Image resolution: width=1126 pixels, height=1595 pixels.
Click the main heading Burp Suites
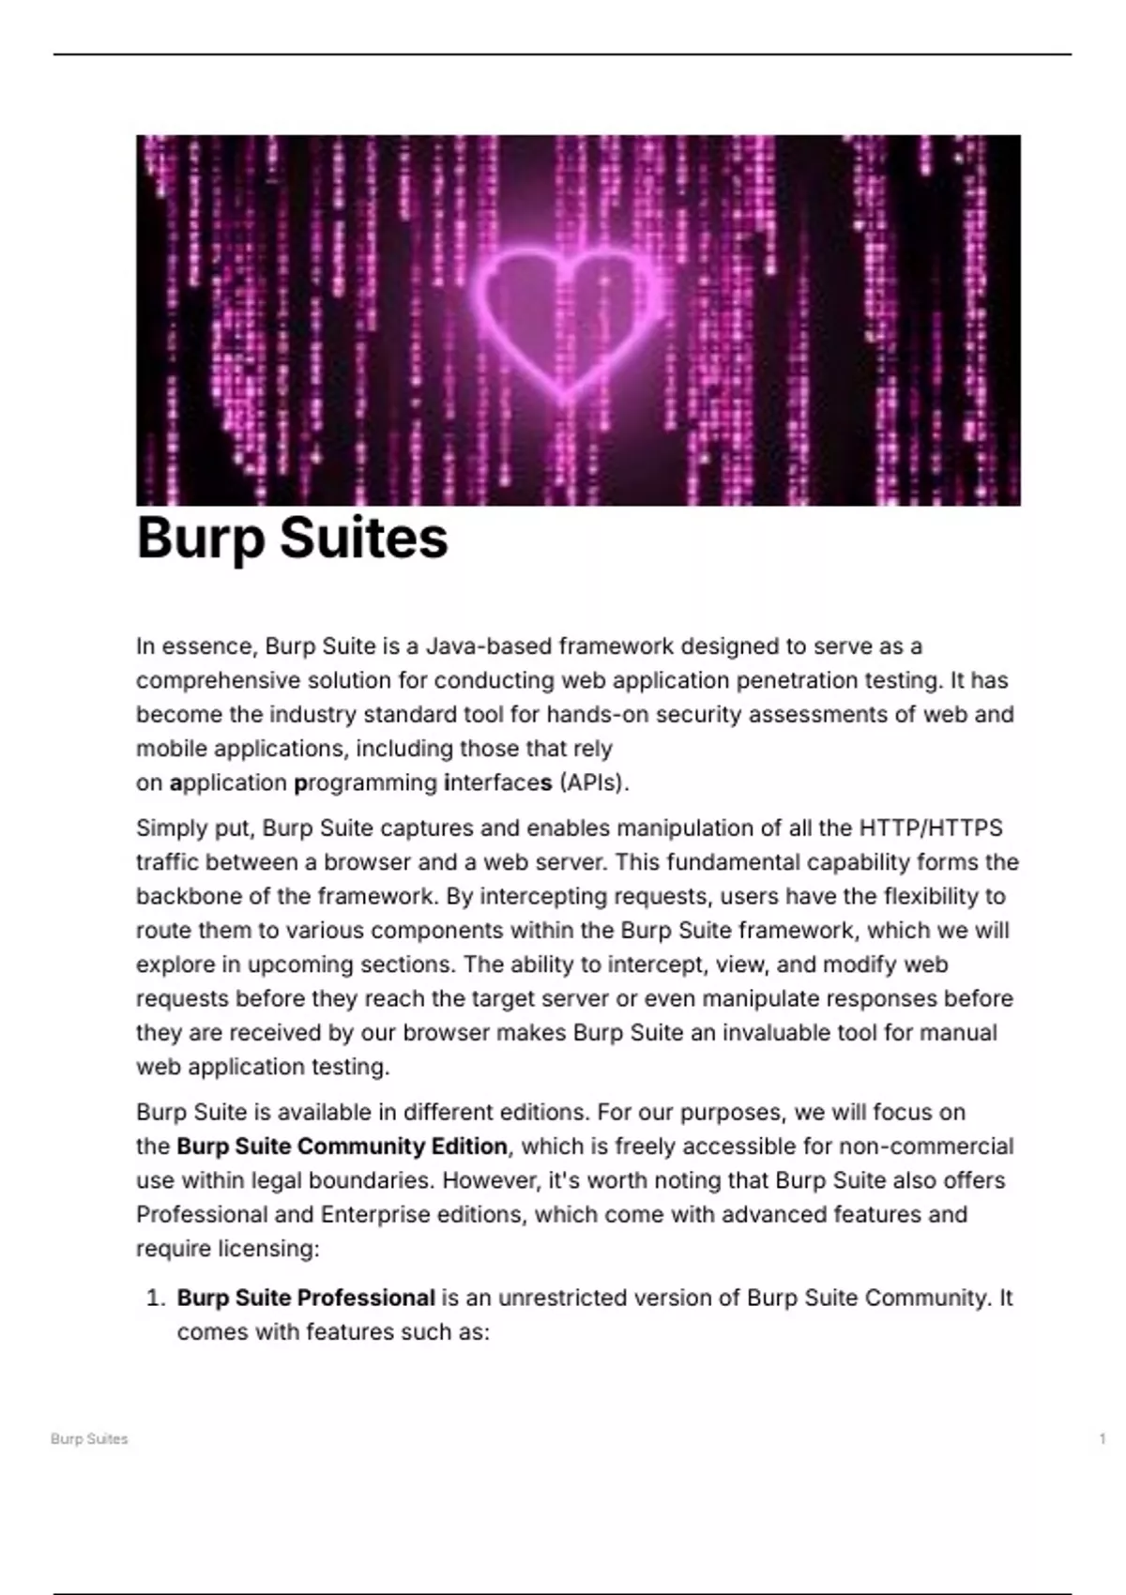(x=292, y=538)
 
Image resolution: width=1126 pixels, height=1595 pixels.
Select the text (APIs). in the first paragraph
(x=594, y=782)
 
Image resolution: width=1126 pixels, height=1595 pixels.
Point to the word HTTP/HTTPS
(x=931, y=828)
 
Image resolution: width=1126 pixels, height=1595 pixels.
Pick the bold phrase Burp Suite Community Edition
(x=342, y=1147)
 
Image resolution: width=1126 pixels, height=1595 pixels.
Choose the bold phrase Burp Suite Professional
(x=306, y=1299)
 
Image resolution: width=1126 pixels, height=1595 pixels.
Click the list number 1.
(x=155, y=1299)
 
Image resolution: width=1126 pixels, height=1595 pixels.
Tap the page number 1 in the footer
(x=1103, y=1439)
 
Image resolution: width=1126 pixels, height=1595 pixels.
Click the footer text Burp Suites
(x=89, y=1439)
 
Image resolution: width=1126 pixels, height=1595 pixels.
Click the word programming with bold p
(x=366, y=782)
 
